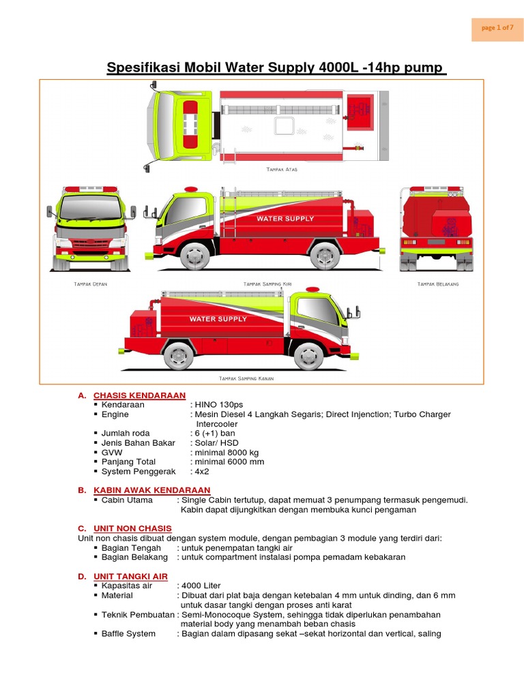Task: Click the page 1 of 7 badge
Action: click(x=497, y=28)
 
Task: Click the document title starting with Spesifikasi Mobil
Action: click(x=276, y=68)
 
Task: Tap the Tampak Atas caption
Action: click(x=281, y=169)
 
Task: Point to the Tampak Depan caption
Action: click(x=90, y=283)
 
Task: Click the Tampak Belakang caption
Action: click(x=437, y=283)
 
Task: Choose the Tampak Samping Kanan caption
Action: click(x=246, y=378)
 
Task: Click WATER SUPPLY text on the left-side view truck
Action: click(x=285, y=219)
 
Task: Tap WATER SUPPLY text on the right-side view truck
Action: click(x=218, y=319)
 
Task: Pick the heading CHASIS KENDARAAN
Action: click(x=139, y=395)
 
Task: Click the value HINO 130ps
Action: click(x=218, y=405)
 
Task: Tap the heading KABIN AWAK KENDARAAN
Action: click(x=151, y=490)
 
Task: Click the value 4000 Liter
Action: click(x=202, y=586)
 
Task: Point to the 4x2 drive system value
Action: click(x=203, y=472)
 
